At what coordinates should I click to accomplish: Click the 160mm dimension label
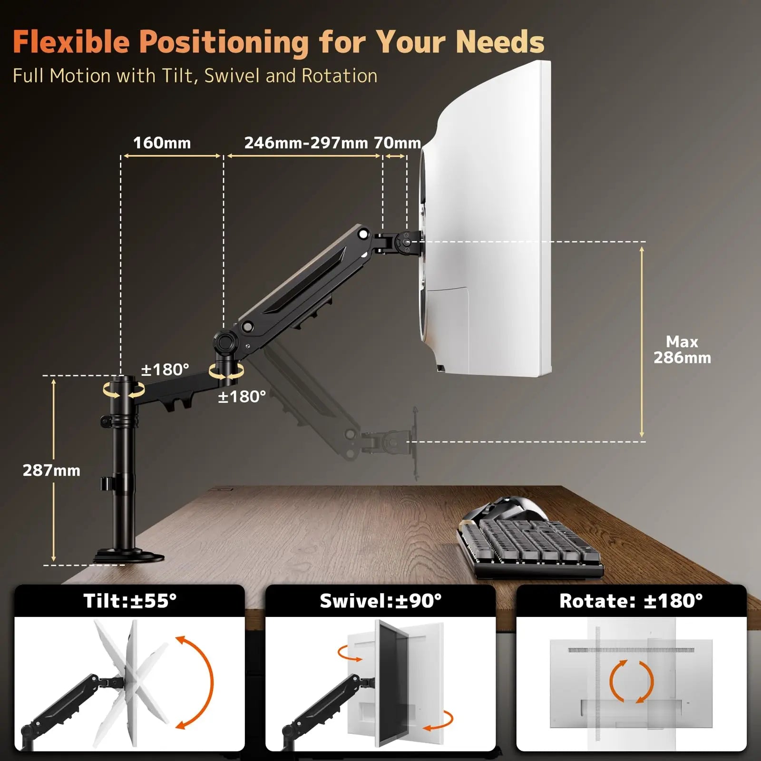click(162, 143)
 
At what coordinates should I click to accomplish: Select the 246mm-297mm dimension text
click(306, 143)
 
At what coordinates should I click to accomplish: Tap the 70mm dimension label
click(397, 143)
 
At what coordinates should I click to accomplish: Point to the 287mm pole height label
click(51, 470)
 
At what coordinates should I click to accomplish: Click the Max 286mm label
click(682, 350)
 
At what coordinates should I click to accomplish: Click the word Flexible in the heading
click(71, 42)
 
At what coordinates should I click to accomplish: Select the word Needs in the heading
click(500, 42)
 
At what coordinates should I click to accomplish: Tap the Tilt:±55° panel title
click(130, 601)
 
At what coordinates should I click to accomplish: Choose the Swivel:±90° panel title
click(380, 601)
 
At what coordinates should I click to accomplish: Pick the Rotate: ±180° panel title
click(631, 601)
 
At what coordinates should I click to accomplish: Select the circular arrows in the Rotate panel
click(631, 681)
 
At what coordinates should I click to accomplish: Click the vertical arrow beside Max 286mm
click(642, 341)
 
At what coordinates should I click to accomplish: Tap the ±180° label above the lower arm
click(165, 370)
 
